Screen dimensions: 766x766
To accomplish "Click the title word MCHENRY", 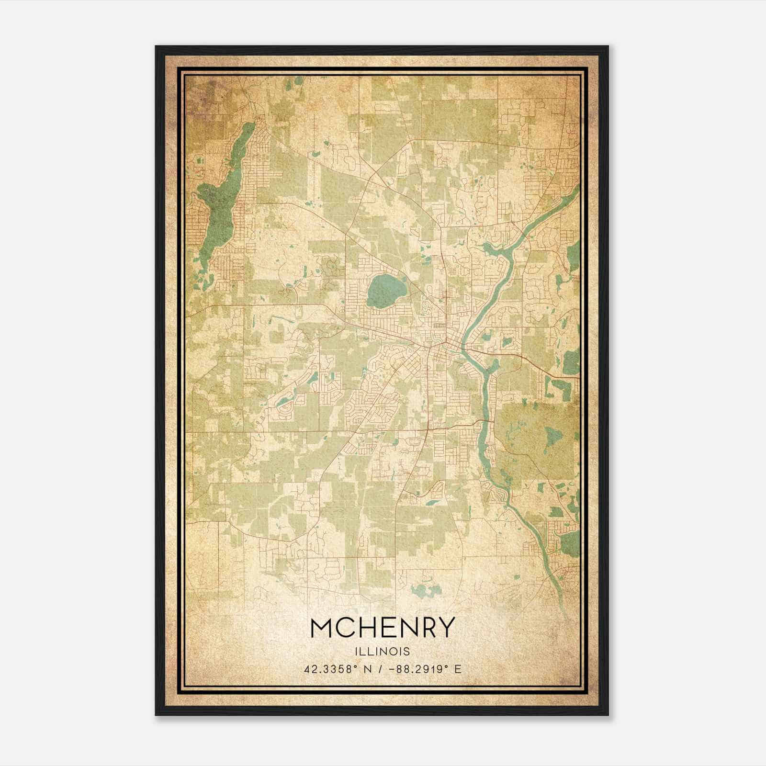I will [382, 628].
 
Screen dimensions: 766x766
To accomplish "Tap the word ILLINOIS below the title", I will [382, 652].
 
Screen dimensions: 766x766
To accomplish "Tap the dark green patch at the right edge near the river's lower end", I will [570, 544].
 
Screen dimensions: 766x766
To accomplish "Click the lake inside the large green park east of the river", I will [553, 436].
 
